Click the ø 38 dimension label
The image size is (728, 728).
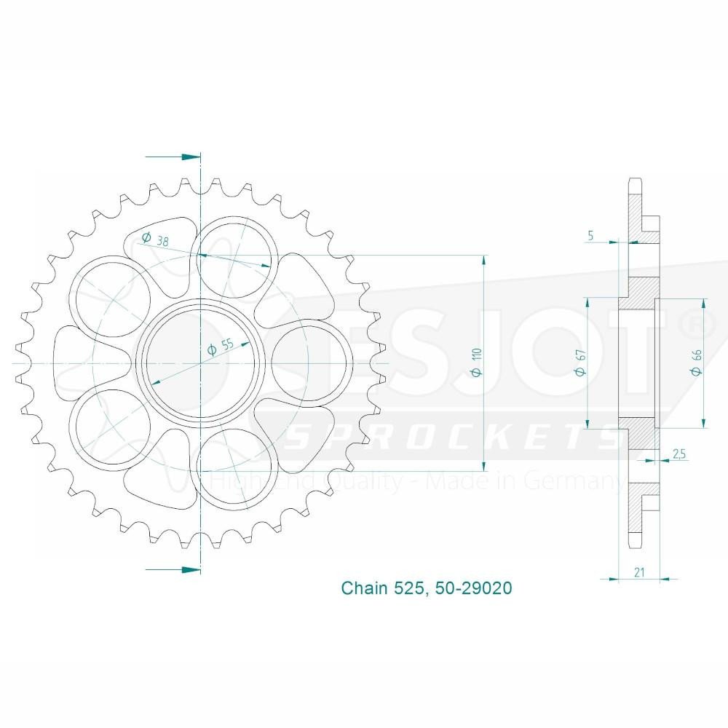tap(155, 240)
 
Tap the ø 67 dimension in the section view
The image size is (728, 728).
tap(580, 361)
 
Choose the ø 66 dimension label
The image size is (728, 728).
tap(696, 361)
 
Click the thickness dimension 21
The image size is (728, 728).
tap(638, 573)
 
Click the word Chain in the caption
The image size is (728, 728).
tap(364, 587)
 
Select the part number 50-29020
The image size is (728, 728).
tap(473, 587)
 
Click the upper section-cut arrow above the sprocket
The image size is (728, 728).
tap(173, 157)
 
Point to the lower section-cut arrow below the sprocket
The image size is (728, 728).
tap(173, 569)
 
